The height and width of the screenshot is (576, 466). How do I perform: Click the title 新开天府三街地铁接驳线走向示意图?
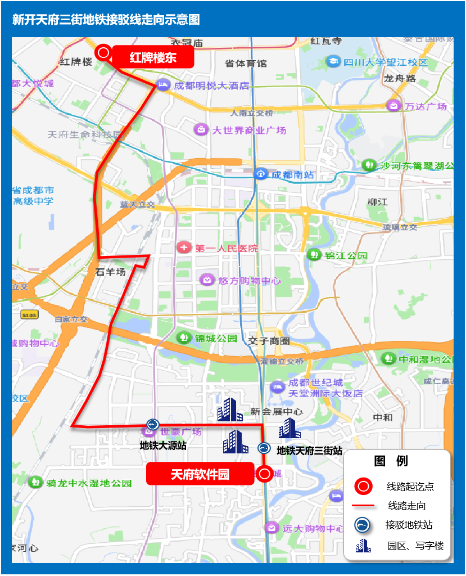pos(106,20)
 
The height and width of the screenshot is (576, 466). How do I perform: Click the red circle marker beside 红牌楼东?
pos(103,53)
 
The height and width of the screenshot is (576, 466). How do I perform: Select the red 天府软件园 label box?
pos(200,474)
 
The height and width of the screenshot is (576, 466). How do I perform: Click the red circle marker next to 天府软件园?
pos(265,474)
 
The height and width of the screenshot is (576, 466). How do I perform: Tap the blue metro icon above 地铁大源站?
pos(152,424)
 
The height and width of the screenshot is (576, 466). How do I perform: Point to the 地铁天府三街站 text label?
pos(309,451)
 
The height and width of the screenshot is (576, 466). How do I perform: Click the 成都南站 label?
pos(292,175)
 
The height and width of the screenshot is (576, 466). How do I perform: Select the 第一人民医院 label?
pos(227,247)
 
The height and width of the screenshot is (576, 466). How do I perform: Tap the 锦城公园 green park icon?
pos(183,337)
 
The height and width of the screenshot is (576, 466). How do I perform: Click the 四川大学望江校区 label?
pos(386,62)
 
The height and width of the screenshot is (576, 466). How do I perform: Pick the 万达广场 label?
pos(426,106)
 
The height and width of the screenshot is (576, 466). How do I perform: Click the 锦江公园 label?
pos(346,255)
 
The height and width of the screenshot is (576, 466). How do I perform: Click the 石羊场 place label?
pos(110,272)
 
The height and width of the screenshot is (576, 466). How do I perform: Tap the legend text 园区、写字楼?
pos(415,546)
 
